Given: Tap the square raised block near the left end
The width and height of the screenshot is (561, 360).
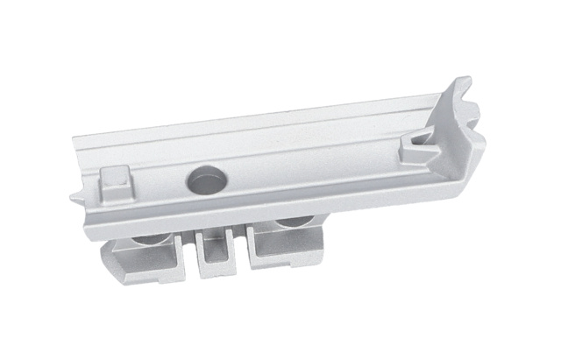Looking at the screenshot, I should pos(114,184).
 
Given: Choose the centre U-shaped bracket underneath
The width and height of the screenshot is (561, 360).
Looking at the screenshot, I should pos(215,251).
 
